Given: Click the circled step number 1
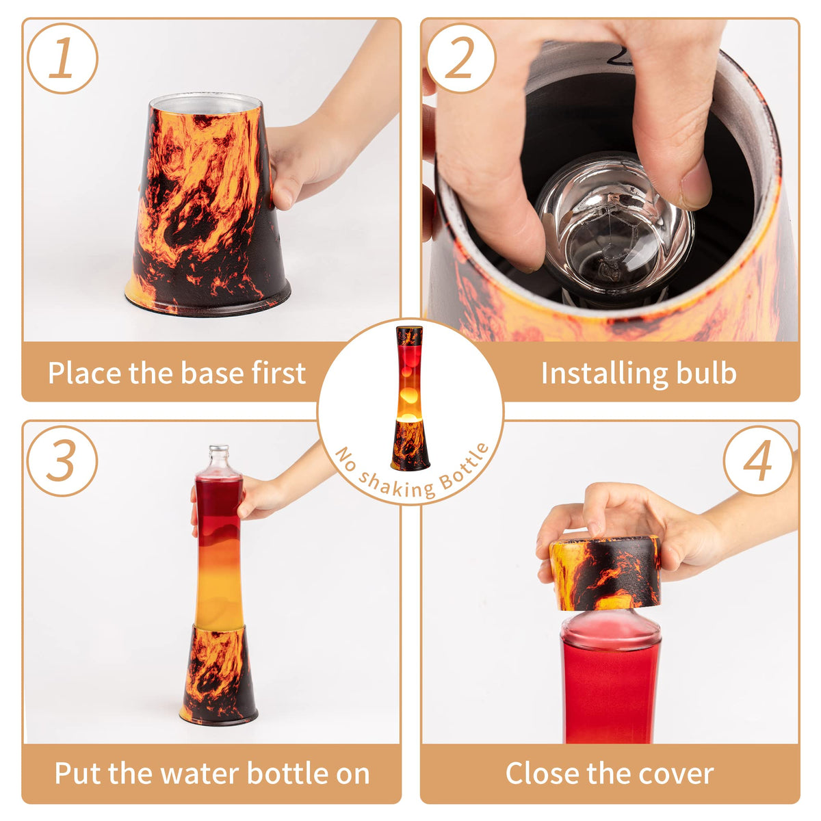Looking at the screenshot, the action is (x=62, y=58).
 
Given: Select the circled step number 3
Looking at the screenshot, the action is (x=62, y=460).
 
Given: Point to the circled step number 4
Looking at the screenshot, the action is (x=758, y=460).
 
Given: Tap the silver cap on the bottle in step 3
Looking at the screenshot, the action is (x=219, y=449).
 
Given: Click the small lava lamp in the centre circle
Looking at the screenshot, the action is (x=409, y=398).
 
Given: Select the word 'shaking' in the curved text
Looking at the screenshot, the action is (x=396, y=485).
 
